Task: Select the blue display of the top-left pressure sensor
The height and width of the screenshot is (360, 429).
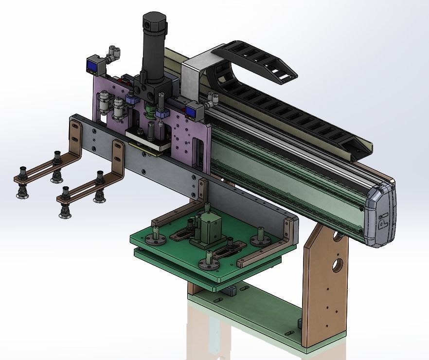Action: coord(92,64)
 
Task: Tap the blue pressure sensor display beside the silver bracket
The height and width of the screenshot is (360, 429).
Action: coord(191,112)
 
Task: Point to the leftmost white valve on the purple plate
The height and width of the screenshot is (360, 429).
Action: coord(104,105)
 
